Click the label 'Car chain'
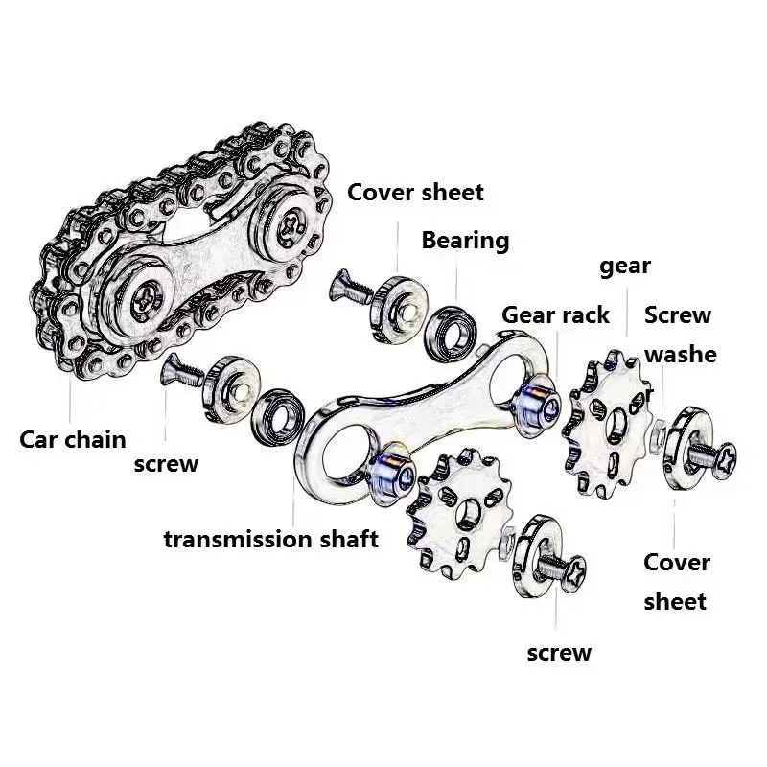[x=73, y=440]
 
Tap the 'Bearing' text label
[x=465, y=240]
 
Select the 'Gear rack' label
[x=555, y=314]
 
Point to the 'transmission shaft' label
[x=270, y=539]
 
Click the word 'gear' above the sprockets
[x=625, y=267]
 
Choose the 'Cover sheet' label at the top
[x=415, y=192]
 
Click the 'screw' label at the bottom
[x=559, y=653]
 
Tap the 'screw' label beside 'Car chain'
[x=166, y=464]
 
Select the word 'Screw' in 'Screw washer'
[x=677, y=314]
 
